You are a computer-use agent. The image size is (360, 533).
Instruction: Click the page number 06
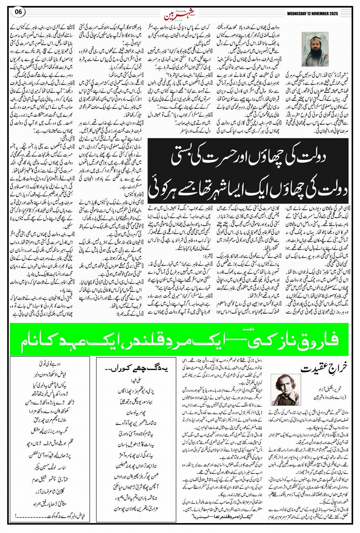tap(18, 11)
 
